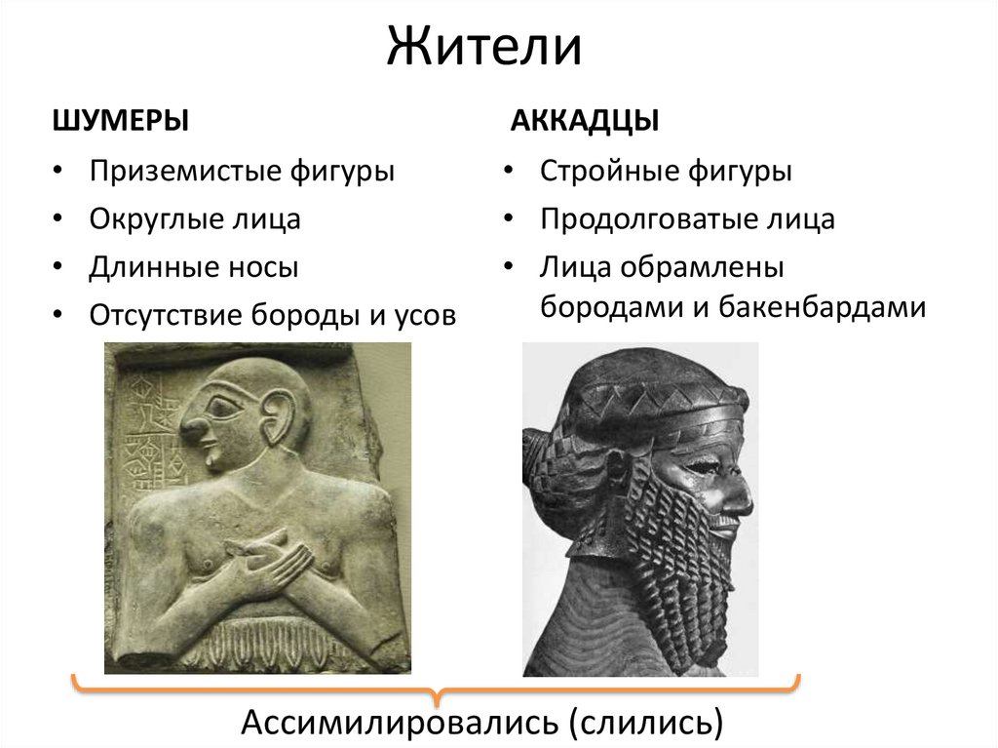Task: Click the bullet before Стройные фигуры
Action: (x=509, y=173)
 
